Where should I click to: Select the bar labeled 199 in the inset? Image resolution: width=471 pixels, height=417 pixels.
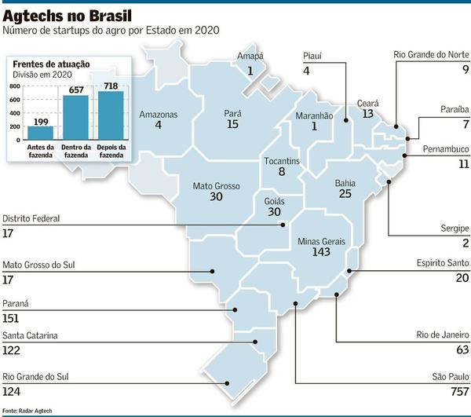click(x=40, y=132)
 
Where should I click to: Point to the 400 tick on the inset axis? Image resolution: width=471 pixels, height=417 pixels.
click(x=15, y=113)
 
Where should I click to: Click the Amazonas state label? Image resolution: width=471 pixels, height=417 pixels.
click(x=158, y=115)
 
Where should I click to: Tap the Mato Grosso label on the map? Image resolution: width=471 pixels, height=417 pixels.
click(x=216, y=186)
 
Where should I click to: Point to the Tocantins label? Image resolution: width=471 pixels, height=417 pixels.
click(x=282, y=161)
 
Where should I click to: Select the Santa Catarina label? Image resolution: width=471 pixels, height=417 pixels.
click(x=31, y=336)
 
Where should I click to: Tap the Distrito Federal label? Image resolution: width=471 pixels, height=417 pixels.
click(x=31, y=218)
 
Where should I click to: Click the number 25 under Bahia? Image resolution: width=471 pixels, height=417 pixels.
click(x=345, y=193)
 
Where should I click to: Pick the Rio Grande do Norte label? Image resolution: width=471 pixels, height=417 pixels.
click(x=431, y=55)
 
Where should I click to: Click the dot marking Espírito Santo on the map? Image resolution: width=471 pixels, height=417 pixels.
click(x=349, y=272)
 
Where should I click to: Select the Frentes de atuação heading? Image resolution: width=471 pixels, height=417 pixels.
click(x=51, y=64)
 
